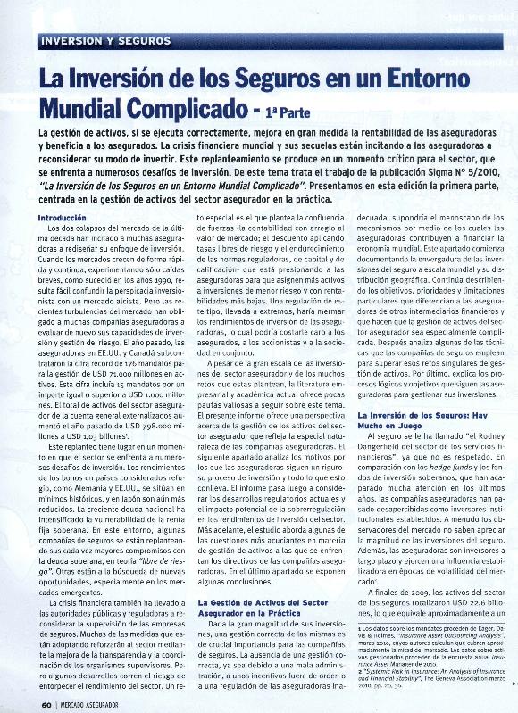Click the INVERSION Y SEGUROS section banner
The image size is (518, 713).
pyautogui.click(x=106, y=41)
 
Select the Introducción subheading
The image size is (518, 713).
pyautogui.click(x=63, y=218)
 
